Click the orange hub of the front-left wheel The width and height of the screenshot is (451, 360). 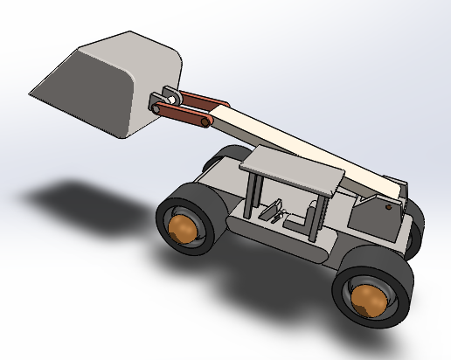click(183, 229)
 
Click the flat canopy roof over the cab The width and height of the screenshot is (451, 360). click(293, 170)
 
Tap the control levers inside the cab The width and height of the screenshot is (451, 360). click(273, 211)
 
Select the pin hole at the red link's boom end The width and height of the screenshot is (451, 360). click(205, 122)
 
